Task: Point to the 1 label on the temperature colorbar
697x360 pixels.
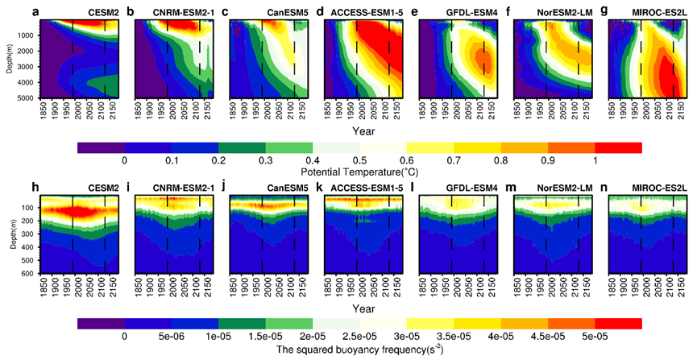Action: (x=594, y=159)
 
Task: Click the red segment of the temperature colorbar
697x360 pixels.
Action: (x=618, y=147)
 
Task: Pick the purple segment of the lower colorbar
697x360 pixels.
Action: (x=102, y=323)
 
